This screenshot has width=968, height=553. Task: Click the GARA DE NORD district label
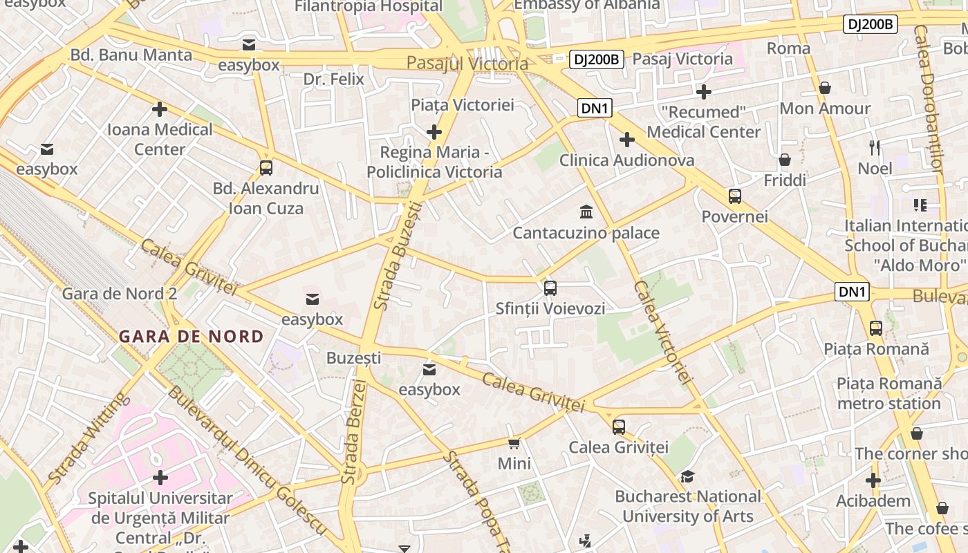191,337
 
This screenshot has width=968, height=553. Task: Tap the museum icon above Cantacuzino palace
586,211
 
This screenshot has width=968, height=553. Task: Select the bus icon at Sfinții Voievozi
550,288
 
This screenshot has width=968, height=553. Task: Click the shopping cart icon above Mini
514,443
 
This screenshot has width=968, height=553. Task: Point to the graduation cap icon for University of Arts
687,476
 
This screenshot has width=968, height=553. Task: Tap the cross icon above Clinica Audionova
626,140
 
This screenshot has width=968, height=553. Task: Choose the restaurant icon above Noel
875,147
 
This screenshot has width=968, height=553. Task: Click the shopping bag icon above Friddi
785,160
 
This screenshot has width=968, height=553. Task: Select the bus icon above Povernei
734,196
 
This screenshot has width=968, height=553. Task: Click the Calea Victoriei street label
663,332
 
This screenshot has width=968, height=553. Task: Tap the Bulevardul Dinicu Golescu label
246,460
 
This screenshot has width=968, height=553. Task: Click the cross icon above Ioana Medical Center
160,109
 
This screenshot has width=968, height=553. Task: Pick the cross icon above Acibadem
873,480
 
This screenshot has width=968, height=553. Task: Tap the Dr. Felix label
333,79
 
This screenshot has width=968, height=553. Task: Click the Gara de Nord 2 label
120,293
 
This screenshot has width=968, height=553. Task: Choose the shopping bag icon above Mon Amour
824,88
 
